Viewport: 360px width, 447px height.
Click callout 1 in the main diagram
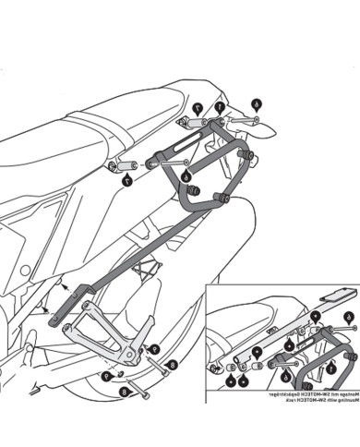(x=219, y=107)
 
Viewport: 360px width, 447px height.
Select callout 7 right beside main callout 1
(x=198, y=108)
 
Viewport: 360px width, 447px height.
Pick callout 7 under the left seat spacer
(x=126, y=181)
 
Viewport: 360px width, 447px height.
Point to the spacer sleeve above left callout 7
(x=126, y=165)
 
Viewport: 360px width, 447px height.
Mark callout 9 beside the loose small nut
(x=108, y=376)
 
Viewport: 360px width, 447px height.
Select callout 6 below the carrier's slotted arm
(x=186, y=175)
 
